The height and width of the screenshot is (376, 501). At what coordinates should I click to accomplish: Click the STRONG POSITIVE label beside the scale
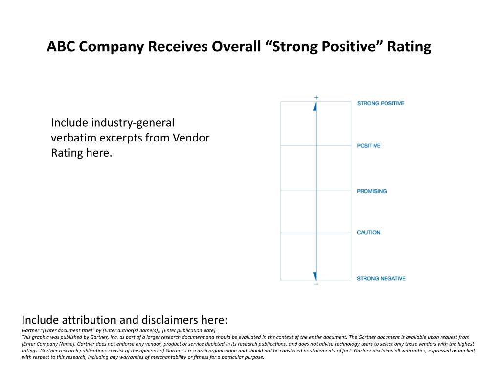pos(380,103)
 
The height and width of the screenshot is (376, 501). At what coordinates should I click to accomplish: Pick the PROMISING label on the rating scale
pos(371,191)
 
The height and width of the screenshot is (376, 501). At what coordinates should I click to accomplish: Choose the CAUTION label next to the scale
pos(368,233)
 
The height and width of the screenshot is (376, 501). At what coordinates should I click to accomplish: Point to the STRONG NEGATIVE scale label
pos(381,279)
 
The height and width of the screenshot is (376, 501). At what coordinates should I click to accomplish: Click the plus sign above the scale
pos(316,97)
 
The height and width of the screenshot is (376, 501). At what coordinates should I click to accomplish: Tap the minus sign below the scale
pos(316,284)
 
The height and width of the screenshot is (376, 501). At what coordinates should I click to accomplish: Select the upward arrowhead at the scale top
pos(315,106)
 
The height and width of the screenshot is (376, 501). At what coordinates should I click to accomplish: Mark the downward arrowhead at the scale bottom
pos(315,276)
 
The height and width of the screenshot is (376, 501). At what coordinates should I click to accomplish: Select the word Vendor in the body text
pos(191,138)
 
